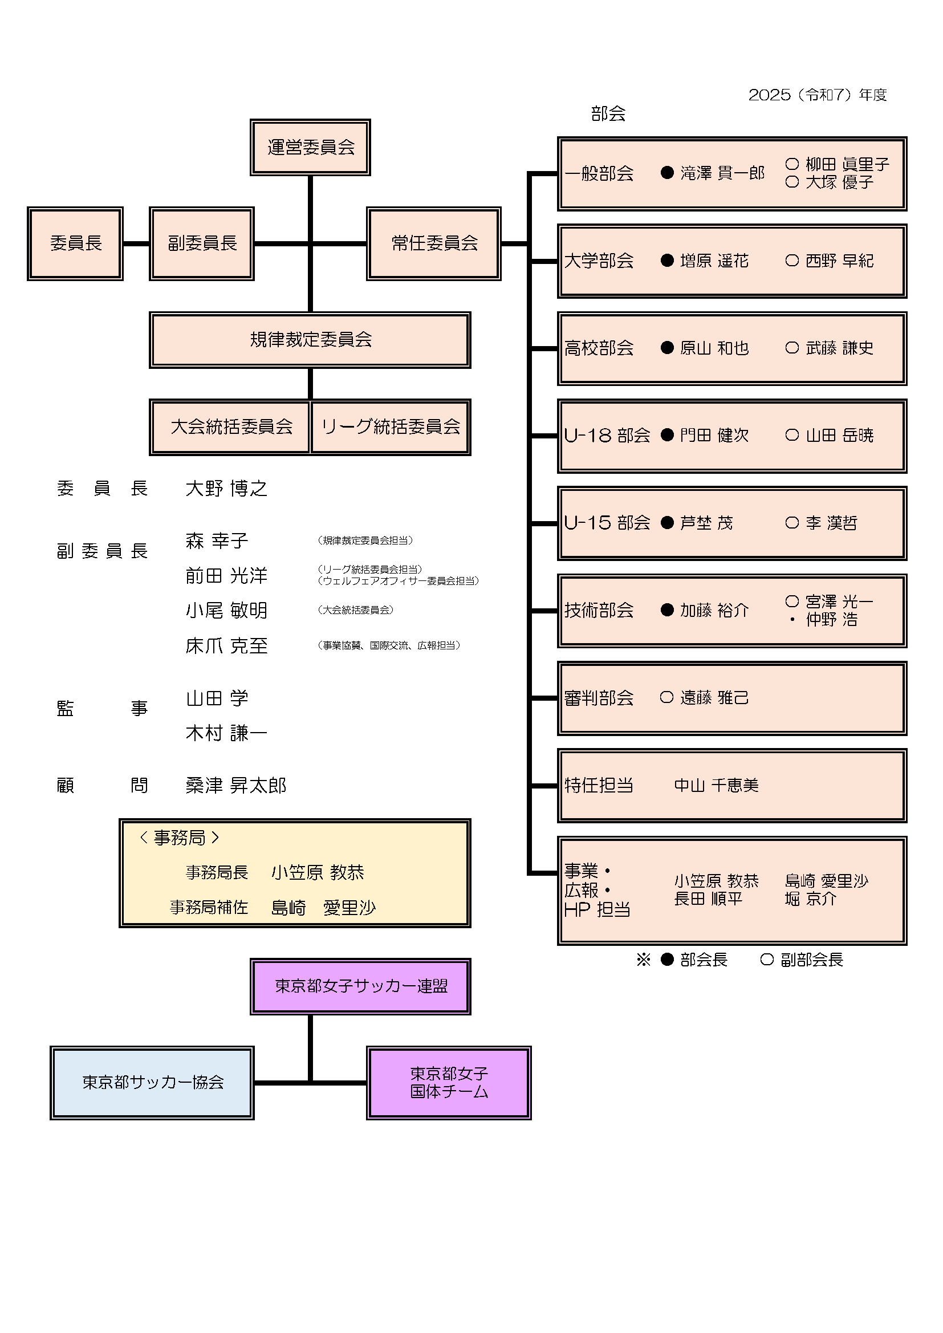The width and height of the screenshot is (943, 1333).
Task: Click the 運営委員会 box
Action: click(x=310, y=147)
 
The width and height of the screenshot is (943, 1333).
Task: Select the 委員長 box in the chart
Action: click(x=75, y=243)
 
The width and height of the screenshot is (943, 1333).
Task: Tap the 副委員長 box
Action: click(x=201, y=243)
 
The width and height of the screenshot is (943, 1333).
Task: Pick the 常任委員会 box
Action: click(x=434, y=243)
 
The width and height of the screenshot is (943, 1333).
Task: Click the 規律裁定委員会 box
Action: click(x=310, y=340)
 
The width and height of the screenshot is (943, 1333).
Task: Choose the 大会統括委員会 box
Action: click(x=230, y=426)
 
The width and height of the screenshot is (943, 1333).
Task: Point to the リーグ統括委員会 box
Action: click(x=390, y=426)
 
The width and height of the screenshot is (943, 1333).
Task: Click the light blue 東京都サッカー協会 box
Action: click(x=152, y=1083)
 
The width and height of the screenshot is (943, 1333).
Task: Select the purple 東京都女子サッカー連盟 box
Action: click(x=360, y=986)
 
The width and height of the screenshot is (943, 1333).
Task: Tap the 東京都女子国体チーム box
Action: click(x=448, y=1083)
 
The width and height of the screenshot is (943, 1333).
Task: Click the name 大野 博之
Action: click(x=226, y=488)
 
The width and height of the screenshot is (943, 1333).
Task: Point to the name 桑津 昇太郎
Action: click(x=236, y=786)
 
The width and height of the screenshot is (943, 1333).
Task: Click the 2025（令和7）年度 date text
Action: click(x=817, y=95)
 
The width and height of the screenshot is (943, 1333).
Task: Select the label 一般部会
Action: click(x=599, y=173)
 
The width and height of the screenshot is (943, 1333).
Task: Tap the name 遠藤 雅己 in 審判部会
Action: click(x=714, y=697)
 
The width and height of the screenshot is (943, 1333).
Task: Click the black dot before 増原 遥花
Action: click(x=667, y=261)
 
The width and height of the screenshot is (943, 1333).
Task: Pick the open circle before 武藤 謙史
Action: click(x=792, y=348)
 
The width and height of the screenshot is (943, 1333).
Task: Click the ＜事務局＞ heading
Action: click(x=180, y=838)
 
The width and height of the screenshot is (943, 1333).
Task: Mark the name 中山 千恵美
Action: click(x=716, y=786)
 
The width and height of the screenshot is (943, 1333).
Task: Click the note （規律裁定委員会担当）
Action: click(x=365, y=540)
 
